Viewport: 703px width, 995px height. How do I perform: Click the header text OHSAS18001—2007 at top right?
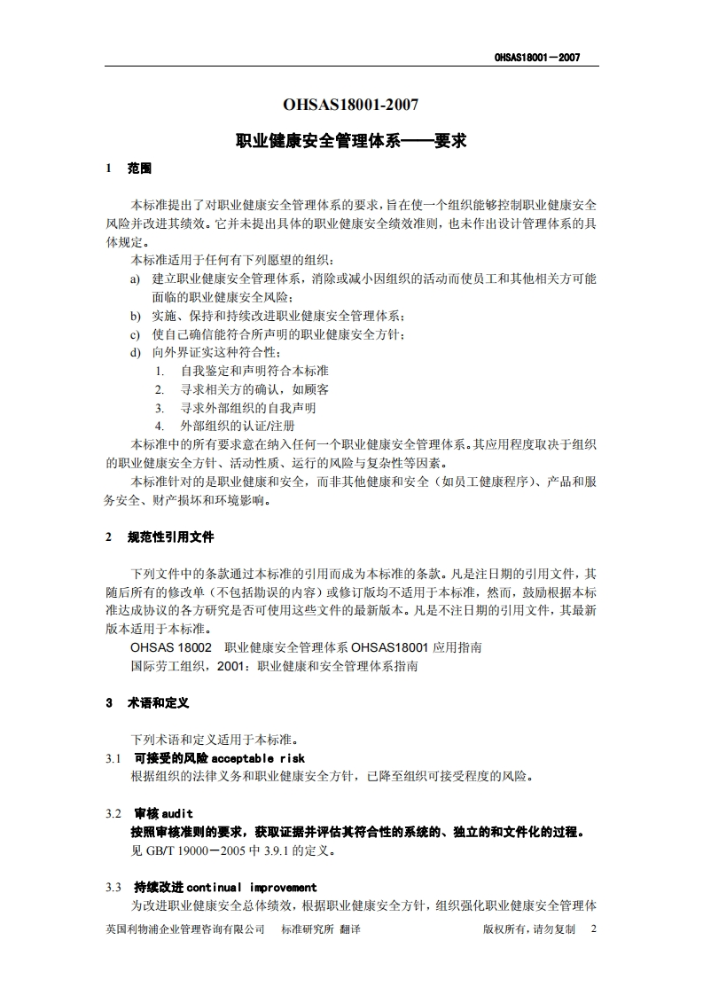click(x=536, y=58)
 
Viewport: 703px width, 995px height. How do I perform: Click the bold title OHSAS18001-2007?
click(x=350, y=105)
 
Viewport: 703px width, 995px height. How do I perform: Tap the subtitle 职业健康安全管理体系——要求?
click(x=350, y=140)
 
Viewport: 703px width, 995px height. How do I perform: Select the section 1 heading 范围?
click(x=140, y=168)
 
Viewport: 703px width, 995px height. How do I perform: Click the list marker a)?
click(x=135, y=278)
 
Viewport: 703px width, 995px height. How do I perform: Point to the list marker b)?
click(x=135, y=316)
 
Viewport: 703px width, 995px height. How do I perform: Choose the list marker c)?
click(x=135, y=334)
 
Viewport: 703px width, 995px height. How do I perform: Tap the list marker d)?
click(x=135, y=353)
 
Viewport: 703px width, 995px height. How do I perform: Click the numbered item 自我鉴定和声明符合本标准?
click(x=254, y=371)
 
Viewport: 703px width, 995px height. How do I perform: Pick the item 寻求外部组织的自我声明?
click(x=248, y=408)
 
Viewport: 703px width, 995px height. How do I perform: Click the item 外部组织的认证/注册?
click(x=238, y=427)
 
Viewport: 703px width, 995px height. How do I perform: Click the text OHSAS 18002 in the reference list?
click(x=171, y=647)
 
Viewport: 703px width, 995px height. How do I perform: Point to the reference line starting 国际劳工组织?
click(x=274, y=665)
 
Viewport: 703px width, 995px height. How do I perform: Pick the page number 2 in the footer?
click(x=593, y=928)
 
